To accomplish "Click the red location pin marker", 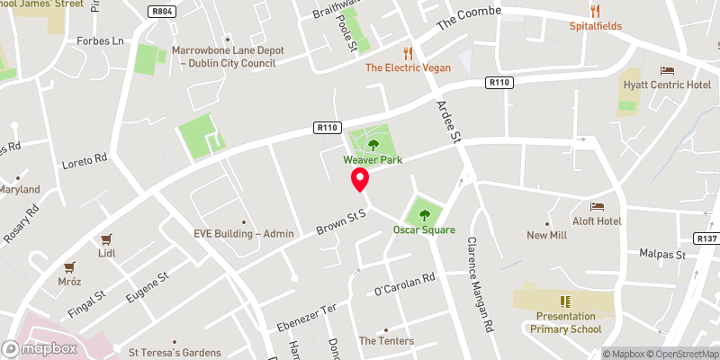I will (360, 179).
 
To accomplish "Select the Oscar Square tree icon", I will (424, 214).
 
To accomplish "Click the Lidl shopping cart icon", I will (107, 239).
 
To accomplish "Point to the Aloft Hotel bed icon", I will (597, 206).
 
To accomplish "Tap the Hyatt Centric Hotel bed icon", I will (667, 70).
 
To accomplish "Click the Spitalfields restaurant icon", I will (595, 11).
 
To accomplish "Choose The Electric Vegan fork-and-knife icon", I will (408, 52).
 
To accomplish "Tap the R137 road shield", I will (706, 238).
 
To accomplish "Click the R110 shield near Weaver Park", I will (327, 128).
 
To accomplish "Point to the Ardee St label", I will (448, 121).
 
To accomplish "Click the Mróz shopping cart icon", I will (68, 267).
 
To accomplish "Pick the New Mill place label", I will (547, 235).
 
